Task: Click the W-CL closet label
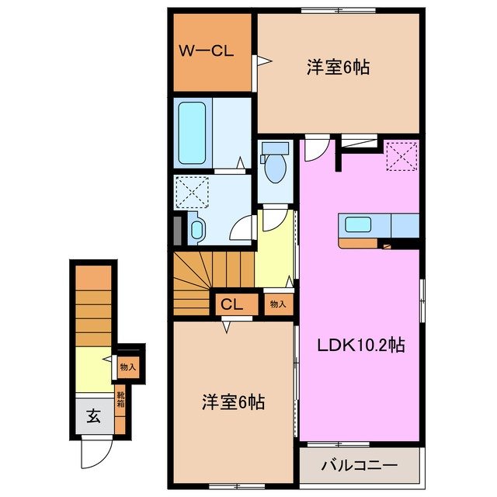[207, 52]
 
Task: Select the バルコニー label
[359, 466]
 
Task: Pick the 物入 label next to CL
[277, 304]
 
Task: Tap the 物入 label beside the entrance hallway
[127, 367]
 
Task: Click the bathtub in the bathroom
[192, 131]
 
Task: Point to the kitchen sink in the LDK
[358, 225]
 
